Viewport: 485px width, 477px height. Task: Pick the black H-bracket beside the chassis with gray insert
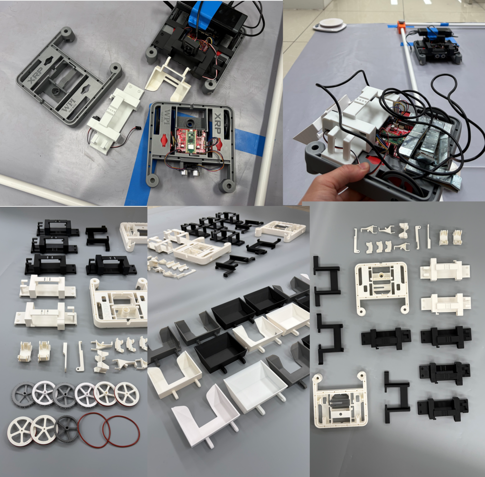coord(396,392)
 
